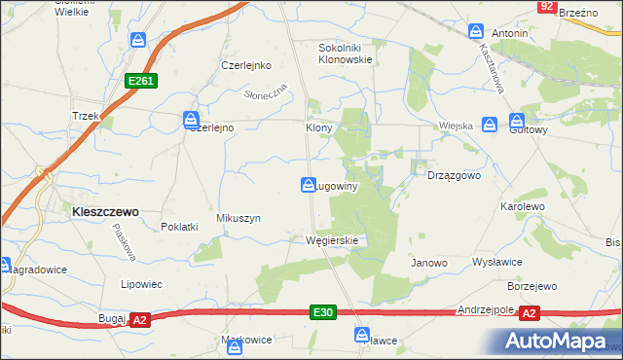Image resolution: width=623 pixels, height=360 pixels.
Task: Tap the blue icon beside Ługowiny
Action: [308, 184]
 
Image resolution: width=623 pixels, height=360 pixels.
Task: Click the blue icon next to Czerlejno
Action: [190, 120]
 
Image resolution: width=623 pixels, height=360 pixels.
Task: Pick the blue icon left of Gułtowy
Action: [491, 124]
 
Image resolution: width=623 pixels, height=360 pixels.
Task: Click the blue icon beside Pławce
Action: [361, 334]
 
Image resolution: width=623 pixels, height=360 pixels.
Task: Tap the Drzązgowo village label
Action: [455, 176]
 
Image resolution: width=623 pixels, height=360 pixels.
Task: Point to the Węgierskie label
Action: [332, 240]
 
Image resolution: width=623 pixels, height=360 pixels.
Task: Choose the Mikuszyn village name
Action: [238, 219]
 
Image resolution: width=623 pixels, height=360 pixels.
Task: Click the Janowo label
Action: [428, 263]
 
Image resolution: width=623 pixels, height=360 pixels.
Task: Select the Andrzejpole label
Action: [485, 310]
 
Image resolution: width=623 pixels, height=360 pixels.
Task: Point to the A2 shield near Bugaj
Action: [139, 319]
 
